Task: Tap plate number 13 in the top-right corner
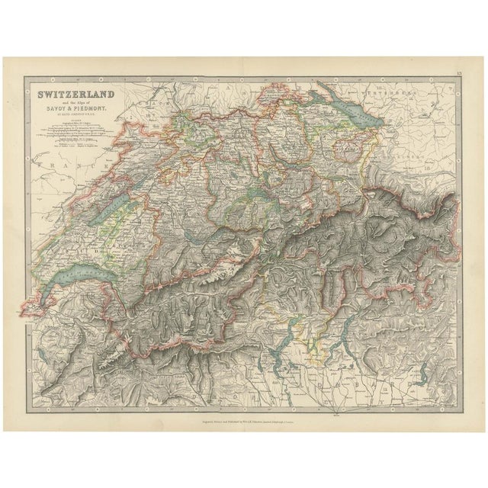(457, 72)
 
